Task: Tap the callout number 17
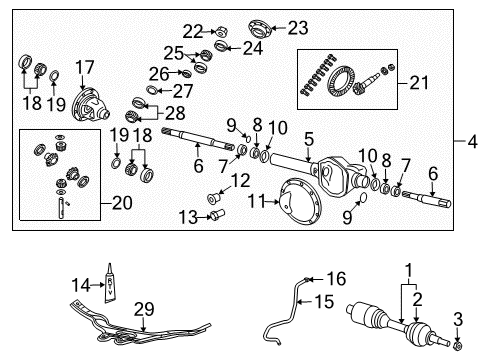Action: tap(84, 69)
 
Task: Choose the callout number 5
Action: tap(309, 138)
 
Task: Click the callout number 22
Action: tap(192, 30)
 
